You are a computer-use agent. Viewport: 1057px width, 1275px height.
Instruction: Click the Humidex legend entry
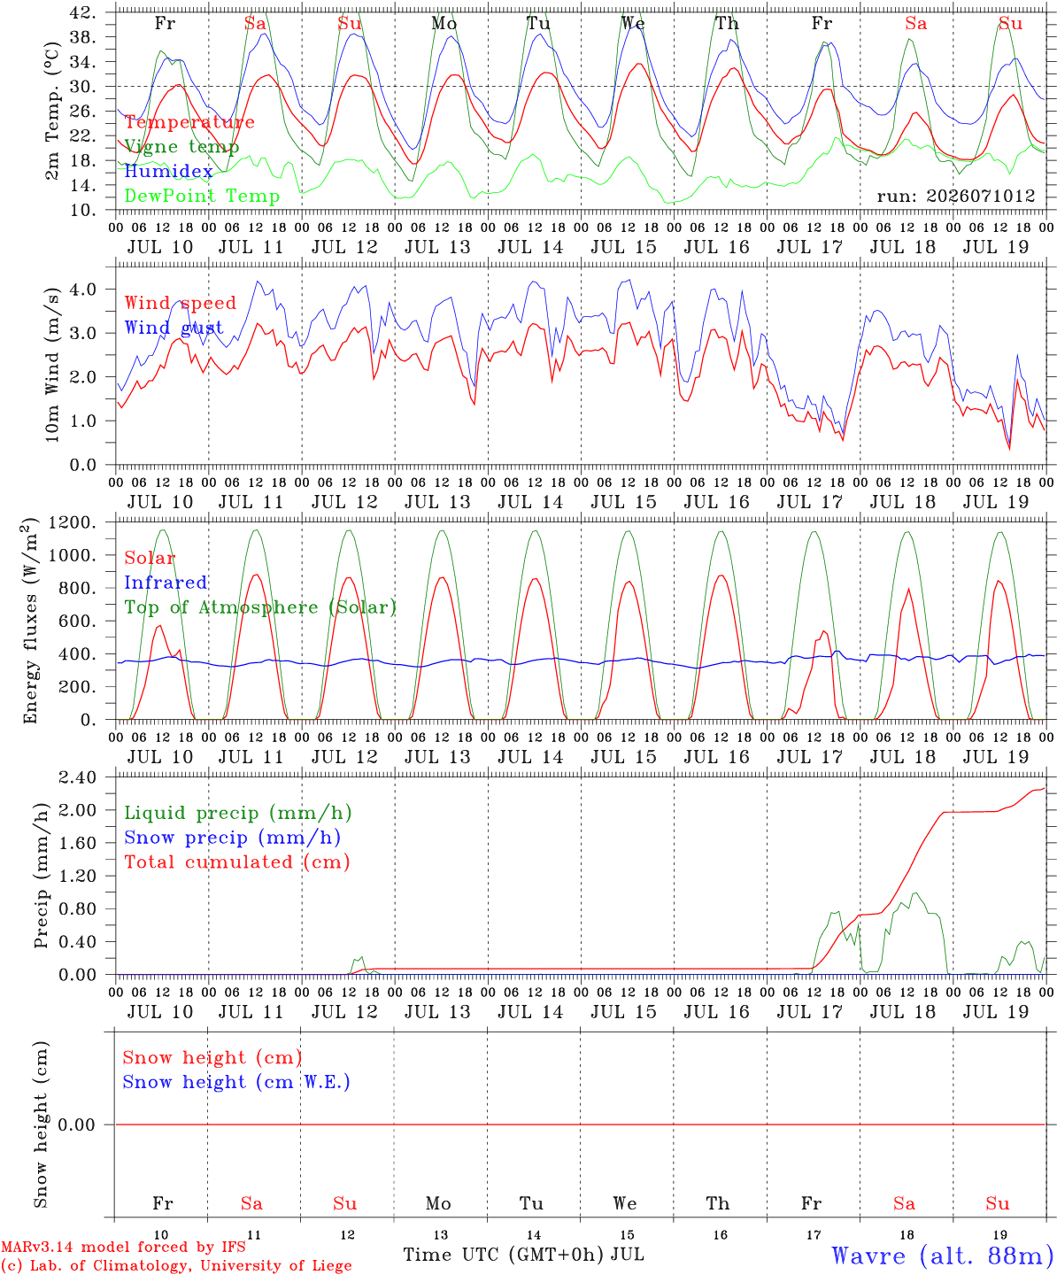tap(168, 171)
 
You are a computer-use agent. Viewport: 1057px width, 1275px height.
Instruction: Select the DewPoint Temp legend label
tap(202, 196)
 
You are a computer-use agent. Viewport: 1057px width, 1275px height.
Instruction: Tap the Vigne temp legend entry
tap(181, 147)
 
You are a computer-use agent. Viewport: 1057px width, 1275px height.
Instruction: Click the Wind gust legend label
tap(174, 328)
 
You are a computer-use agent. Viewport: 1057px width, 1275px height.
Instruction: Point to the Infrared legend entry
tap(166, 583)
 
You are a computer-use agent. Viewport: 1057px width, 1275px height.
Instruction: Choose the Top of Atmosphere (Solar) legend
tap(260, 607)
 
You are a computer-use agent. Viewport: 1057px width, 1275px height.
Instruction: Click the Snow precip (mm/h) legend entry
tap(232, 838)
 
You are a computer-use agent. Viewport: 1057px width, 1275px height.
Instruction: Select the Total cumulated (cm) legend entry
tap(237, 862)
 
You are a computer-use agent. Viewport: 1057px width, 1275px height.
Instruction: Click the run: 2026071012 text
tap(956, 196)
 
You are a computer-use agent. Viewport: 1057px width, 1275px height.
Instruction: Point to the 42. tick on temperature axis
tap(83, 12)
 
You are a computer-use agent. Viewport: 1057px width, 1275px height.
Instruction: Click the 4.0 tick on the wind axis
tap(83, 289)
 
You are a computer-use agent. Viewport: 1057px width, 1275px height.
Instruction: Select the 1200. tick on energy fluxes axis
tap(73, 523)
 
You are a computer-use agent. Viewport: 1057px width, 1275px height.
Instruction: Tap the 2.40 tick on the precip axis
tap(78, 778)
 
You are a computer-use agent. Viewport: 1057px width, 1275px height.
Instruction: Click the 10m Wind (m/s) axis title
tap(52, 364)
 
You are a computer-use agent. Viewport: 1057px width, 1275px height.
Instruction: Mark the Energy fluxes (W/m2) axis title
tap(30, 621)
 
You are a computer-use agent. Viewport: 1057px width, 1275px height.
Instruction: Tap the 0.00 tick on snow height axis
tap(76, 1125)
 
